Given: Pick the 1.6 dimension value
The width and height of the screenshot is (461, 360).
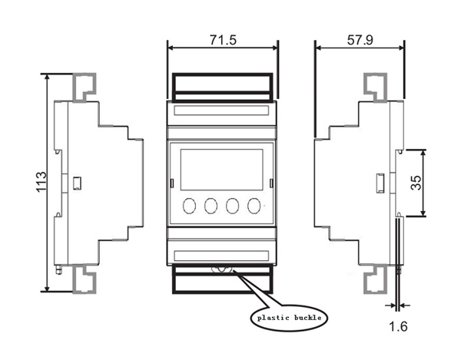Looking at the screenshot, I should [398, 326].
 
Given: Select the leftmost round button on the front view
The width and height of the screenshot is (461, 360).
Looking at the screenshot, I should [189, 206].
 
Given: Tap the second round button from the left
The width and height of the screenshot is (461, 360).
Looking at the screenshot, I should [211, 206].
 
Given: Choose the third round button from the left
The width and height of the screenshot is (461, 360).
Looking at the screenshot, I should [232, 206].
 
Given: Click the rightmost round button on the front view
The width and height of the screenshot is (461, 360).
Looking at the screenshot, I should [254, 206].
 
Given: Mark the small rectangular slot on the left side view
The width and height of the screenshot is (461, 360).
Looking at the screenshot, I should [78, 183].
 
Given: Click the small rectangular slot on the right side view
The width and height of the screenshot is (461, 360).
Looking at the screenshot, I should [380, 183].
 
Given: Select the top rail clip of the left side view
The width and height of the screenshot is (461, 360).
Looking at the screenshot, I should [84, 86].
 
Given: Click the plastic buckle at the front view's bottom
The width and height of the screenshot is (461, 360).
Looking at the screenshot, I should [223, 269].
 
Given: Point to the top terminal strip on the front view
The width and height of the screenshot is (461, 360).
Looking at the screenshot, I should [221, 111].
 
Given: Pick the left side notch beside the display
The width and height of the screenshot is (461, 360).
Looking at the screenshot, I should [171, 183].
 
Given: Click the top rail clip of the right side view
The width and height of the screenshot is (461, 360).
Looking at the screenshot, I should [376, 86].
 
